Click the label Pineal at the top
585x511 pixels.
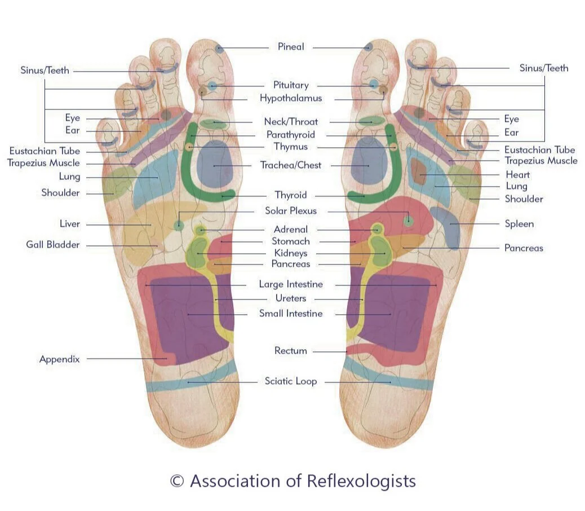[x=291, y=47]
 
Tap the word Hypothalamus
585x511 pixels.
[x=291, y=98]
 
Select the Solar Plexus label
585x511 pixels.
[x=291, y=211]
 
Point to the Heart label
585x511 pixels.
[x=517, y=174]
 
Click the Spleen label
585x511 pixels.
[x=519, y=224]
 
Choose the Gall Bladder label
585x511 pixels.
[x=53, y=245]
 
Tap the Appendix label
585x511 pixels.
[x=60, y=359]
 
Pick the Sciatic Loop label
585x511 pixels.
[x=291, y=381]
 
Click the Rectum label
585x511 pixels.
[x=291, y=351]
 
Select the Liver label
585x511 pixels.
[x=70, y=224]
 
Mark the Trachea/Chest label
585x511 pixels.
[x=291, y=165]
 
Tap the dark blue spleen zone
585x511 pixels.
[x=447, y=226]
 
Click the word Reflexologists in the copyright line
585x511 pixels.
[x=361, y=481]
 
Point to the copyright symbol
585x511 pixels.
[x=177, y=481]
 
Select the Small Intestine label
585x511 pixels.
[x=291, y=314]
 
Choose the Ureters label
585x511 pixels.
[x=291, y=298]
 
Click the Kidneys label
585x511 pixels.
[x=291, y=253]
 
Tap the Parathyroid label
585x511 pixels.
[x=291, y=135]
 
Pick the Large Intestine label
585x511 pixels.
[x=291, y=284]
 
